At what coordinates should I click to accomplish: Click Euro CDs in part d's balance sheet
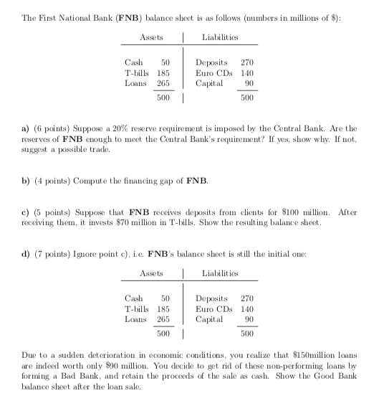(213, 309)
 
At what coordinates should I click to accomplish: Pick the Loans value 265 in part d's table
(163, 318)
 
